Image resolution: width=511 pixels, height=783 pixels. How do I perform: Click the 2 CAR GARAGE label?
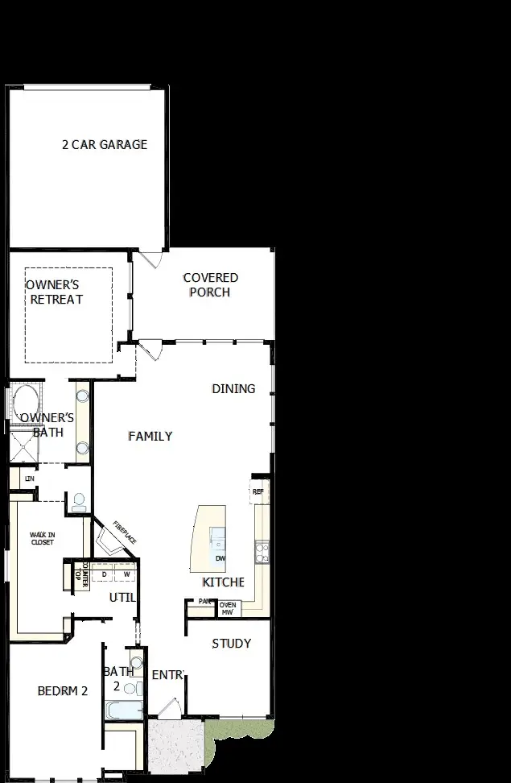pyautogui.click(x=105, y=145)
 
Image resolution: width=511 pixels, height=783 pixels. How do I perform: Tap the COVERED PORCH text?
pyautogui.click(x=210, y=285)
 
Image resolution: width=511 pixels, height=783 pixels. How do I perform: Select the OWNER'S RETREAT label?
pyautogui.click(x=55, y=292)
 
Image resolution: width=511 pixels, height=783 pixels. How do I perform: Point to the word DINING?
pyautogui.click(x=233, y=389)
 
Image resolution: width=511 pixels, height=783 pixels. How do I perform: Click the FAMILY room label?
pyautogui.click(x=150, y=437)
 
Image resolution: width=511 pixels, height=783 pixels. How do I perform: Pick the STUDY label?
pyautogui.click(x=231, y=644)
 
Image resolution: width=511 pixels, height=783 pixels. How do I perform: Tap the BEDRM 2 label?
pyautogui.click(x=62, y=691)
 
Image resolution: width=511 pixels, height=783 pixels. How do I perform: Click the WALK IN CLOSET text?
pyautogui.click(x=42, y=538)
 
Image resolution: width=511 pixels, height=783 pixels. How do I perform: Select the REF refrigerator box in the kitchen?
pyautogui.click(x=258, y=491)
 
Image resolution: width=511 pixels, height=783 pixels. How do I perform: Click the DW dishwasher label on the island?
pyautogui.click(x=220, y=557)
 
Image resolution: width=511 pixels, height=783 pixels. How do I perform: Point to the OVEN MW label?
pyautogui.click(x=228, y=609)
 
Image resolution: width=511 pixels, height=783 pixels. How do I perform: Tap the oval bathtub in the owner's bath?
pyautogui.click(x=24, y=400)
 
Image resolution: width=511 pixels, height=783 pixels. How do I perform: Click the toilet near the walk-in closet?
pyautogui.click(x=78, y=503)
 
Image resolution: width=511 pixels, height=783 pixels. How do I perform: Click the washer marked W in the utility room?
pyautogui.click(x=126, y=574)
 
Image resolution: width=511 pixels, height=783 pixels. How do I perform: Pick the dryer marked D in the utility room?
pyautogui.click(x=104, y=574)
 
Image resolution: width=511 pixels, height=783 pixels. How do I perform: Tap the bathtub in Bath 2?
pyautogui.click(x=124, y=710)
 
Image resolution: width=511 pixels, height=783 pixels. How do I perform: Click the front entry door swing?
pyautogui.click(x=169, y=708)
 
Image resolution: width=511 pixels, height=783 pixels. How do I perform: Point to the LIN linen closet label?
pyautogui.click(x=30, y=478)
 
